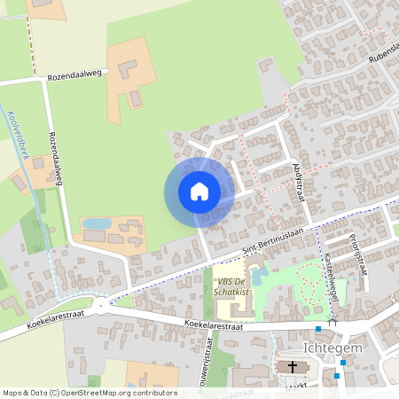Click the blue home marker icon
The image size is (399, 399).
pos(199,192)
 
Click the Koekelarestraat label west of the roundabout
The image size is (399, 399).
pos(35,322)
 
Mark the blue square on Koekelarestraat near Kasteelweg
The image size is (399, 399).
pos(318,329)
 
